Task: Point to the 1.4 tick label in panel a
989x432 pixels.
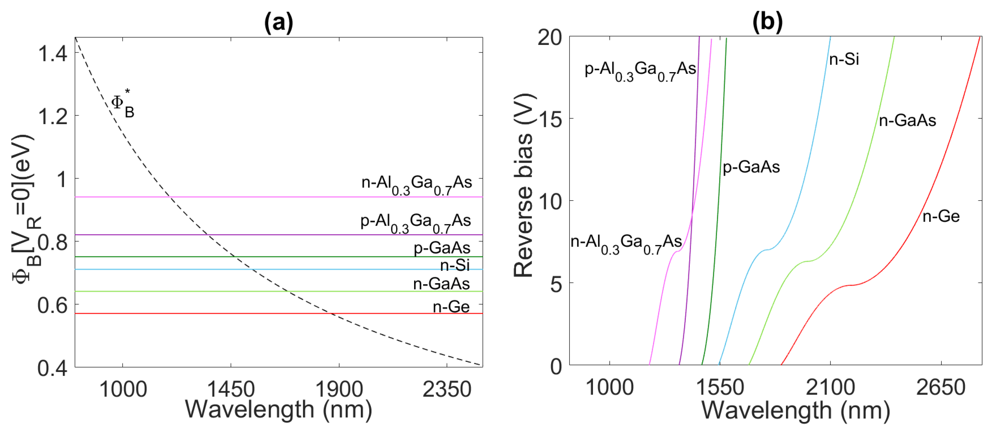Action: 53,53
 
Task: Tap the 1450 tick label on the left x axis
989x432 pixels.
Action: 231,389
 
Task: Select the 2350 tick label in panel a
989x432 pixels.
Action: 447,389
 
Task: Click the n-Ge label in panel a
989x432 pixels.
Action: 451,307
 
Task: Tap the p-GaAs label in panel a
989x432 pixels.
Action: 442,248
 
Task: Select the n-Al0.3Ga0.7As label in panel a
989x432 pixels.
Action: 416,184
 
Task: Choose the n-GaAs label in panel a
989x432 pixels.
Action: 442,284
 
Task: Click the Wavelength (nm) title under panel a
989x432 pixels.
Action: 278,410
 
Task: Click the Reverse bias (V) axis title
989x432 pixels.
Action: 524,184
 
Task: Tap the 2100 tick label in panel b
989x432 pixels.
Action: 830,387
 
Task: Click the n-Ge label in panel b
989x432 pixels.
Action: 941,216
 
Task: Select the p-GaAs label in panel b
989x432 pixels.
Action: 751,167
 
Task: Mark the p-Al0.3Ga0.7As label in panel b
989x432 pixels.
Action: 640,71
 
